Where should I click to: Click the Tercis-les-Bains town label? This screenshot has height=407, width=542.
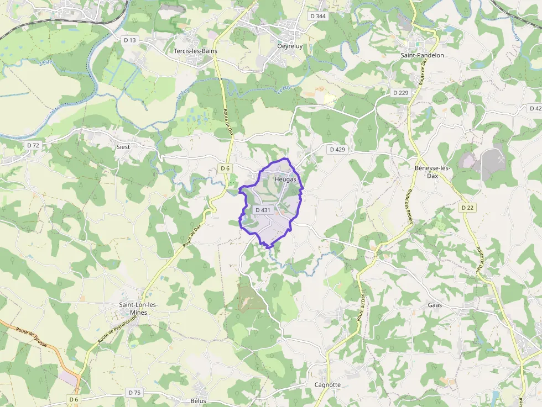195,51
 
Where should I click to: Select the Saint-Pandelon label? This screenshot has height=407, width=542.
423,55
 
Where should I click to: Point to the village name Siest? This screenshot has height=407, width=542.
123,147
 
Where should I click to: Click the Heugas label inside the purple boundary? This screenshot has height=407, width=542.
285,179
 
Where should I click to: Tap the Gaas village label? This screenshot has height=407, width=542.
434,305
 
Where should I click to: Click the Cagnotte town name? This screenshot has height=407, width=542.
327,385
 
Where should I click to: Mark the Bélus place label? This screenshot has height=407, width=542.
198,400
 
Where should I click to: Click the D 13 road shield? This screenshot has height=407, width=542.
130,40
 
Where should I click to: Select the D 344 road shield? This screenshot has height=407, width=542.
318,17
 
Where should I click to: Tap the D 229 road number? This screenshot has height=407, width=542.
400,93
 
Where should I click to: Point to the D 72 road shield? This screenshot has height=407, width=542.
33,145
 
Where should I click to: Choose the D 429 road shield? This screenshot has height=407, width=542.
337,149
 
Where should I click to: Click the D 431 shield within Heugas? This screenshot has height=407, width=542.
264,210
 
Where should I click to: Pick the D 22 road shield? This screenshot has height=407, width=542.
467,207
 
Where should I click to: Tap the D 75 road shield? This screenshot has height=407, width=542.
134,392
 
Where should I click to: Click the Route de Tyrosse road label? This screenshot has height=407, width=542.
32,337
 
